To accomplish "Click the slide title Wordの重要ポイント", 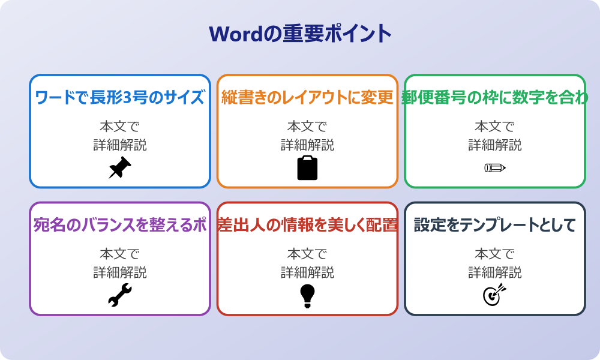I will coord(300,33).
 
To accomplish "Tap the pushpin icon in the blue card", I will coord(120,168).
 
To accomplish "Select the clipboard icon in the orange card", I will coord(307,168).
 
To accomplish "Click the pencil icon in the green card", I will coord(495,167).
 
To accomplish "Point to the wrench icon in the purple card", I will coord(120,295).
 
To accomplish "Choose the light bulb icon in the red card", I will coord(307,295).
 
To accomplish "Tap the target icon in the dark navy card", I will coord(495,295).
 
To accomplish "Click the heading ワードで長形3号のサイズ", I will coord(120,98).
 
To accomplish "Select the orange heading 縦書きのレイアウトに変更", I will coord(307,98).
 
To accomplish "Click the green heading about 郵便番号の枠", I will coord(495,98).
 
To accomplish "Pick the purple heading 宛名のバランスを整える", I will coord(120,226).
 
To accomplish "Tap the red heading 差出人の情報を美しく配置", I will coord(307,226).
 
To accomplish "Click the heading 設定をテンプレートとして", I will coord(495,226).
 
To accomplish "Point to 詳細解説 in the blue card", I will coord(120,145).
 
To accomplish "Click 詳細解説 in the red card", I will coord(307,273).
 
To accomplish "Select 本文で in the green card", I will coord(495,127).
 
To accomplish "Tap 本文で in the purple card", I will coord(120,254).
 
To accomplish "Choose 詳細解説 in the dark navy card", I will coord(495,273).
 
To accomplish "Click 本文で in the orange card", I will coord(307,127).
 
